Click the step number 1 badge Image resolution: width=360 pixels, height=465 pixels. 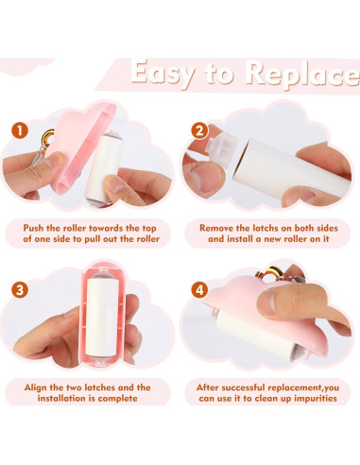(20, 130)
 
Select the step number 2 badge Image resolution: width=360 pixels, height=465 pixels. (199, 130)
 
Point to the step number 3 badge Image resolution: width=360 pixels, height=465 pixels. (20, 290)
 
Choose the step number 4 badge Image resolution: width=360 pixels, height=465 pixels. (199, 290)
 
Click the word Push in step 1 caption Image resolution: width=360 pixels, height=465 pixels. (33, 228)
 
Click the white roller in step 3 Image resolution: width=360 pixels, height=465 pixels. (102, 317)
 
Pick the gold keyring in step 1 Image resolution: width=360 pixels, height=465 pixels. (47, 138)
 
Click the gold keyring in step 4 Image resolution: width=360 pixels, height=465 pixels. (267, 273)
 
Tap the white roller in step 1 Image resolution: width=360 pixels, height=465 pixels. (105, 167)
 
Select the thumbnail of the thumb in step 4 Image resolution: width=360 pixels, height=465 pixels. (267, 302)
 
